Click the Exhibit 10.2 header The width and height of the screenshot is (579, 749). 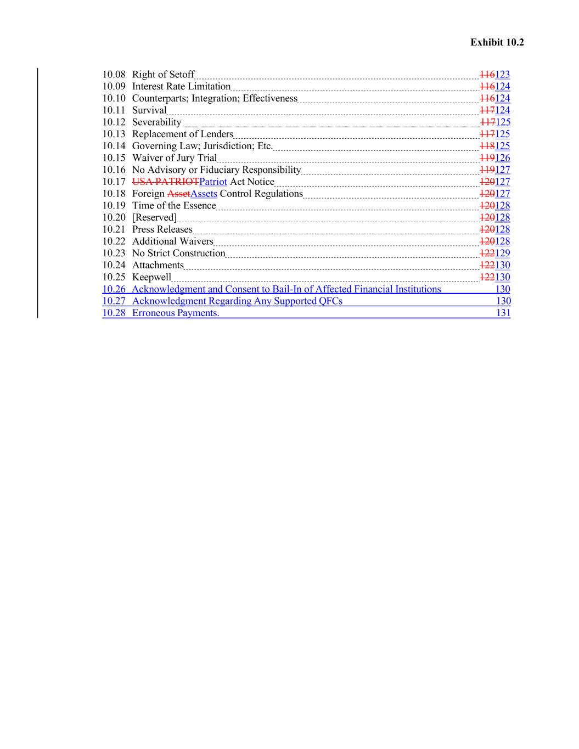pos(497,42)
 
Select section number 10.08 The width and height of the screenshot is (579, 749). pos(114,75)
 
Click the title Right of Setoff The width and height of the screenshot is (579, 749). pos(163,75)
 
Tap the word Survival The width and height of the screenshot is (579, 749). pos(149,110)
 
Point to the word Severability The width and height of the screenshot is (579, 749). pos(156,122)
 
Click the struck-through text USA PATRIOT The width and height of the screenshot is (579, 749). pos(165,182)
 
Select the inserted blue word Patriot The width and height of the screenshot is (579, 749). pos(213,182)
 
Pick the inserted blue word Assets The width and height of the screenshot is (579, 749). pos(204,194)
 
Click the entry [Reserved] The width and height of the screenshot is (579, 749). pos(154,218)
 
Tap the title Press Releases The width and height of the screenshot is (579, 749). pos(162,229)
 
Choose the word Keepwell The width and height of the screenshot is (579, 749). pos(151,277)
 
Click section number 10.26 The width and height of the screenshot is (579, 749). pos(114,289)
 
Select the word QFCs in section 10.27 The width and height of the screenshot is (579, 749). pos(330,301)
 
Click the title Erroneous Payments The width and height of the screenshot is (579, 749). pos(175,313)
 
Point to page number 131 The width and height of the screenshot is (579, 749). pos(503,313)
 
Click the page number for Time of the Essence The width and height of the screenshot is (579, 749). pos(502,206)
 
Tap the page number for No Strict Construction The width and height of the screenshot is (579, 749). pos(502,254)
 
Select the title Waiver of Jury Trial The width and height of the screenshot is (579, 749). pos(174,158)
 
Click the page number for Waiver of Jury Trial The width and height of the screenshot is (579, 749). pos(502,158)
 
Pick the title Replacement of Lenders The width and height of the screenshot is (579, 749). pos(182,134)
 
